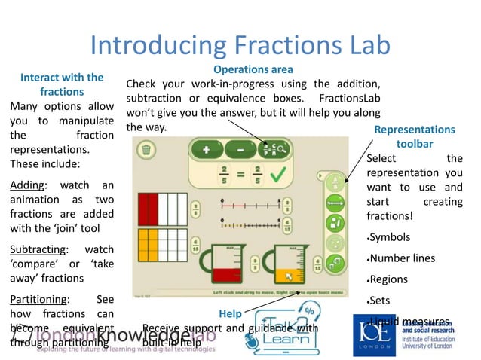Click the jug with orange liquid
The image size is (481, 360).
[290, 264]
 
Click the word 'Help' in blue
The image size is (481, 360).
[230, 313]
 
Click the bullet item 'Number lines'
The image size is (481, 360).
[403, 258]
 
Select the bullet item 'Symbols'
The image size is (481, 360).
[392, 236]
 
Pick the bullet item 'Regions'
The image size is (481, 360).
[391, 279]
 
